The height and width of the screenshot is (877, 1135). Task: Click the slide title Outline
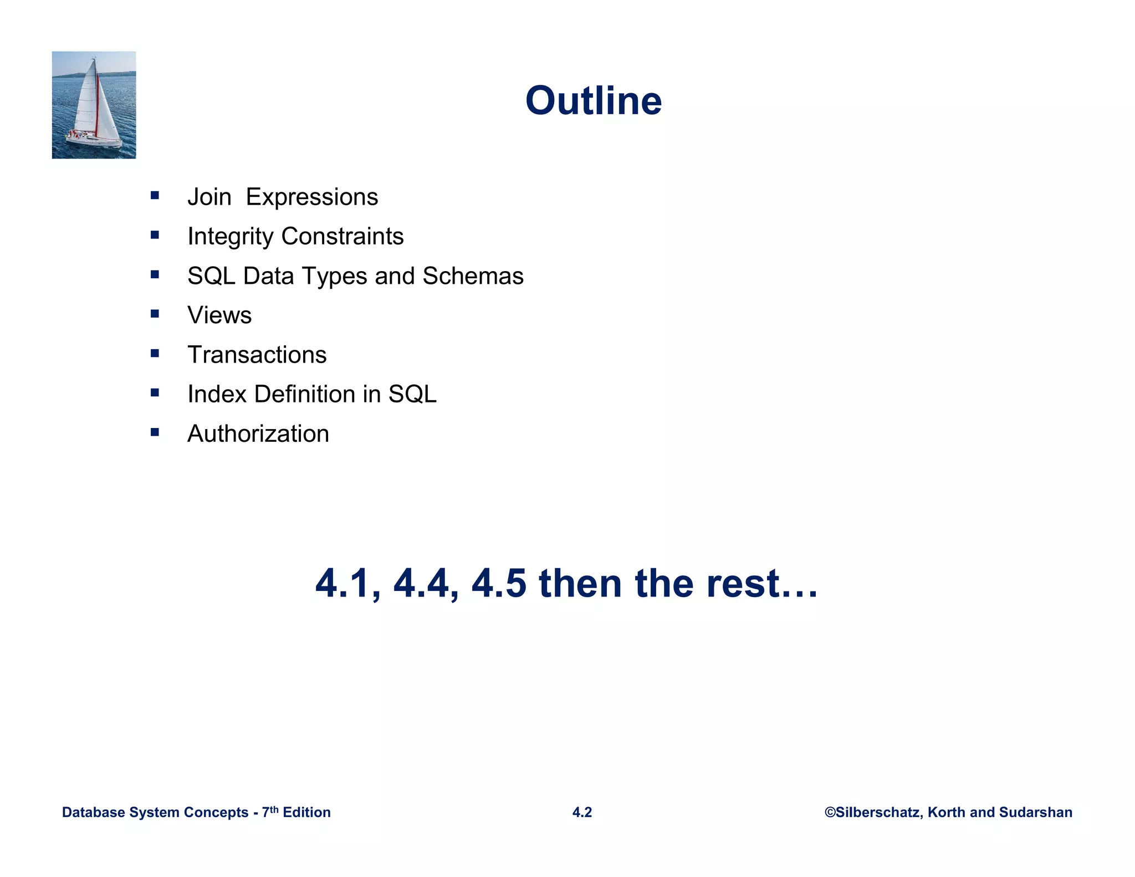pos(593,101)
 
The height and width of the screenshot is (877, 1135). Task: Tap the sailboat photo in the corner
pos(94,105)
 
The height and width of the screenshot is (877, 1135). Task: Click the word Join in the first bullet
pos(209,197)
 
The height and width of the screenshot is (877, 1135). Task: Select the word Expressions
pos(311,197)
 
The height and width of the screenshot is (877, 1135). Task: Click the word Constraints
pos(342,236)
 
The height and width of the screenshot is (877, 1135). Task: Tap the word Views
pos(219,315)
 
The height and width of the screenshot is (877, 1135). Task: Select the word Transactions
pos(257,355)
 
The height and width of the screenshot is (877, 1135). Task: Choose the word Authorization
pos(258,434)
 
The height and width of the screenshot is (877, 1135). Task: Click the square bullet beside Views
pos(155,314)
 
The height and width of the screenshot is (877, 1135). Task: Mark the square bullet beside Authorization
pos(155,432)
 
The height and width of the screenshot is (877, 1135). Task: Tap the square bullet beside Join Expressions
pos(155,195)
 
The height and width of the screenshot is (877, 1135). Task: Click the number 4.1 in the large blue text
pos(347,584)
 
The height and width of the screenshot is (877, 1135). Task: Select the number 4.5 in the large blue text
pos(498,584)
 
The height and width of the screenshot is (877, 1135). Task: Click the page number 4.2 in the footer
pos(582,812)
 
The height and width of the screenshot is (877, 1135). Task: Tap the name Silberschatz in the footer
pos(878,812)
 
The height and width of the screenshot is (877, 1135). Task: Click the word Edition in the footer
pos(306,812)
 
